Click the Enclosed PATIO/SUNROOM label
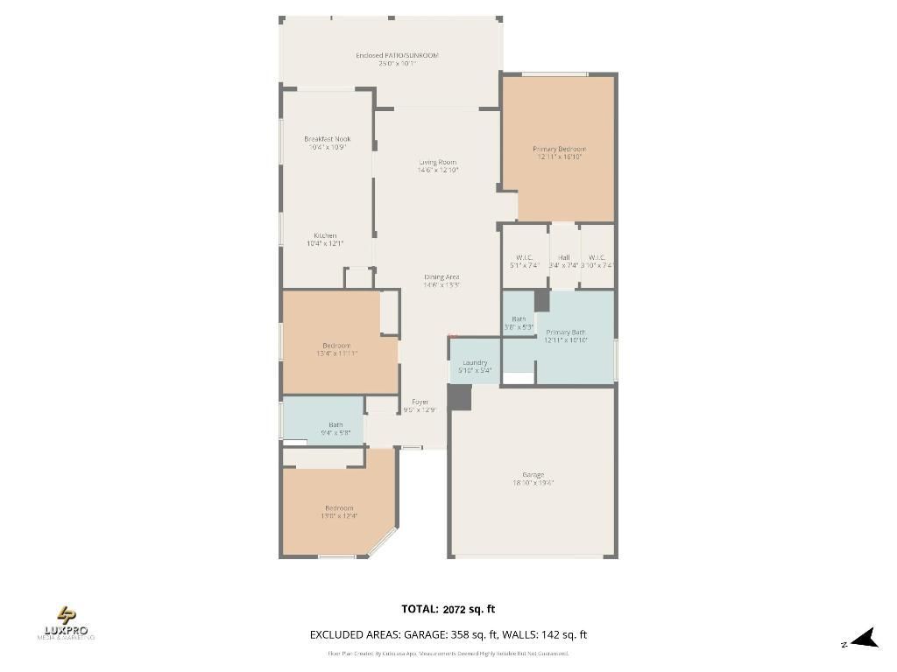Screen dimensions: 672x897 click(397, 55)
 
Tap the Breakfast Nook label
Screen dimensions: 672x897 click(327, 139)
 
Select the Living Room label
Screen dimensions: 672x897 click(437, 163)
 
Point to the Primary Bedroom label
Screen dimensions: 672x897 click(559, 150)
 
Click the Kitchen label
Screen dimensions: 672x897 click(325, 236)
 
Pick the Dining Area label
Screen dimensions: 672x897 click(441, 277)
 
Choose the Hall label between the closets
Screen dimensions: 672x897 click(563, 257)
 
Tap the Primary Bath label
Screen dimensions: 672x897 click(565, 332)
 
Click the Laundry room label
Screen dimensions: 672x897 click(475, 362)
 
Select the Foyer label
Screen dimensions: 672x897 click(420, 402)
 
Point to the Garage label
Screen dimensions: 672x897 click(533, 475)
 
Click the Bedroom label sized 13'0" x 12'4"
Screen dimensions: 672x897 click(339, 508)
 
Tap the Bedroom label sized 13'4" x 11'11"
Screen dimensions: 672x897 click(336, 346)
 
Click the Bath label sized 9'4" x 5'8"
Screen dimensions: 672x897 click(335, 425)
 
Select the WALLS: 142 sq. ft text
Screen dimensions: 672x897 click(554, 635)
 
